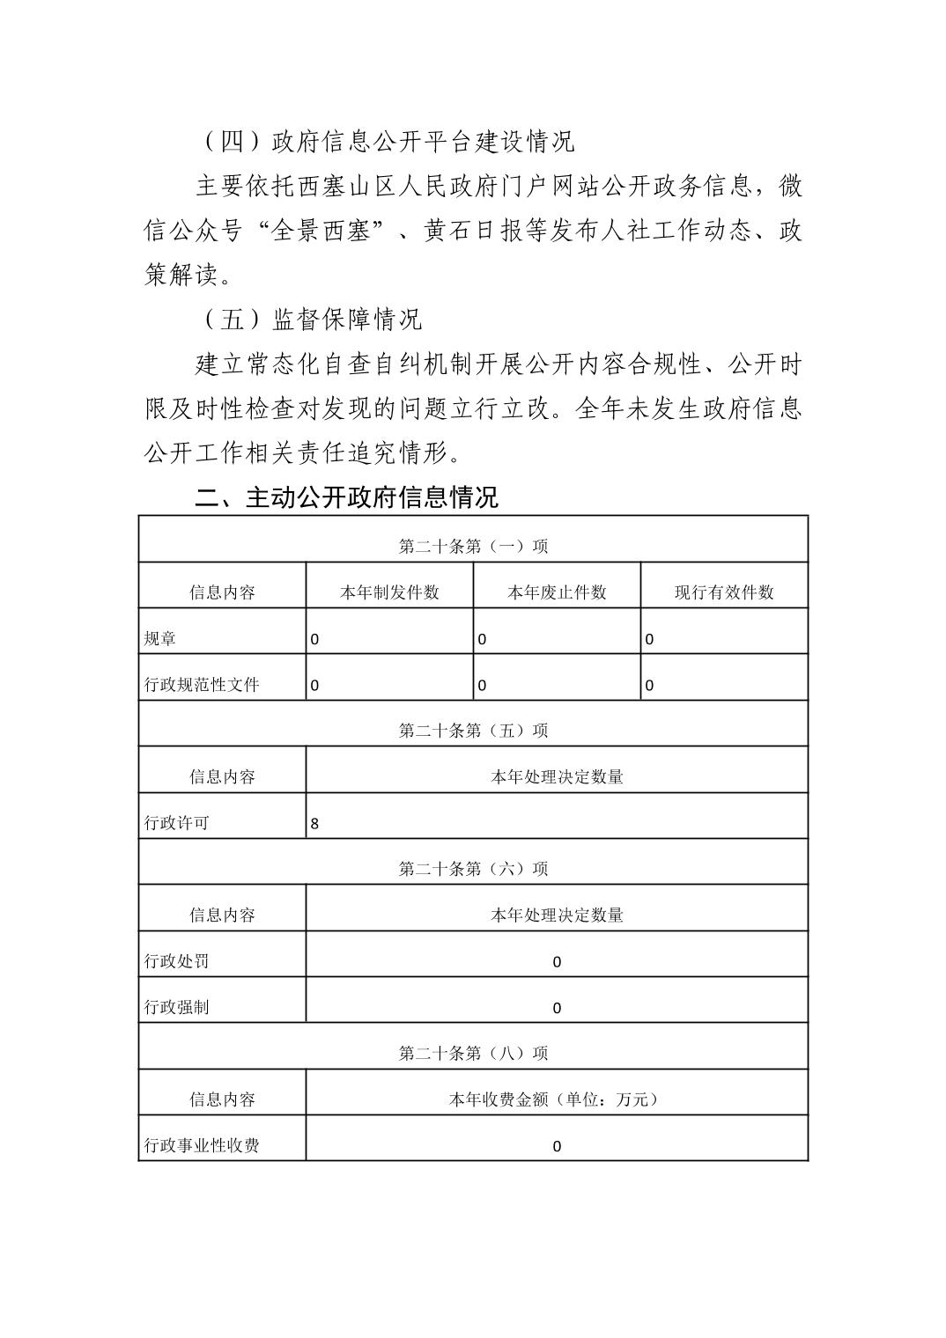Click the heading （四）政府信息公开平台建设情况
tap(388, 141)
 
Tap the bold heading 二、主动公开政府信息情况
tap(346, 497)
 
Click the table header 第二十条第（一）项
tap(473, 547)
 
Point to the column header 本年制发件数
tap(389, 592)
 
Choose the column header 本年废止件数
tap(557, 592)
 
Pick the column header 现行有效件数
tap(724, 592)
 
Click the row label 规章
tap(160, 639)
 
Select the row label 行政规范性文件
tap(202, 685)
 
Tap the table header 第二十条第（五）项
tap(473, 731)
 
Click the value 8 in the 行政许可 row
tap(315, 824)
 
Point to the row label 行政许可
tap(177, 823)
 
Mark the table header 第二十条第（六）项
tap(473, 869)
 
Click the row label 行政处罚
tap(177, 961)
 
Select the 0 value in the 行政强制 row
tap(557, 1008)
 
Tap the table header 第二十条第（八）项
tap(473, 1054)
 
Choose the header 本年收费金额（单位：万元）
tap(557, 1099)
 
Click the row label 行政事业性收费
tap(202, 1146)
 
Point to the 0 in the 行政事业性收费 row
tap(557, 1146)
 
